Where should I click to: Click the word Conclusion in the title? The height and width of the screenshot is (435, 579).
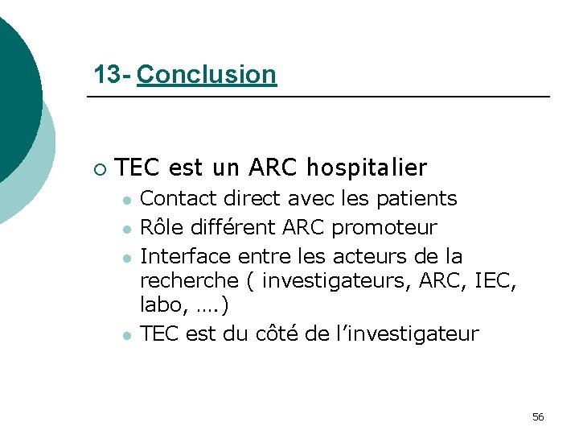(x=207, y=75)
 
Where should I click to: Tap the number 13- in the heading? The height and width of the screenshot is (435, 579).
(x=112, y=75)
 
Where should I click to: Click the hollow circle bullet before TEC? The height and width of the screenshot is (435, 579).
(x=98, y=169)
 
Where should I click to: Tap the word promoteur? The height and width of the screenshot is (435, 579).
(x=384, y=228)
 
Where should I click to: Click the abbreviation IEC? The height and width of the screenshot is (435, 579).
(x=493, y=281)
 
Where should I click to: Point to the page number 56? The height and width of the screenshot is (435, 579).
(x=538, y=416)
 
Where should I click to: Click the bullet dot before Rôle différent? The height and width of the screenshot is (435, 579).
(x=126, y=229)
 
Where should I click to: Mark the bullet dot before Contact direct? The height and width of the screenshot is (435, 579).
(x=126, y=200)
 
